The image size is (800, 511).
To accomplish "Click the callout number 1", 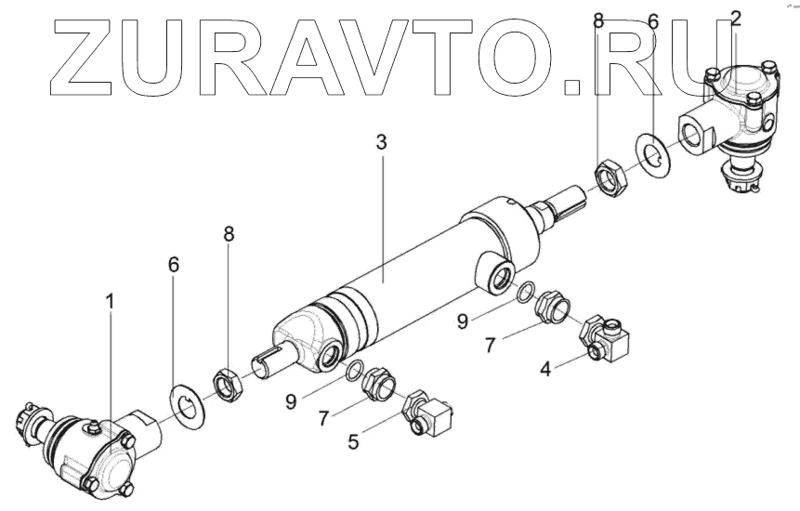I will [x=111, y=302].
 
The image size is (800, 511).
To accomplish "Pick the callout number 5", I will [x=352, y=442].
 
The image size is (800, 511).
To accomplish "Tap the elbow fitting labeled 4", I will [x=605, y=340].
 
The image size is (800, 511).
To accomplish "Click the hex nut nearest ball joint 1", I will [x=226, y=382].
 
